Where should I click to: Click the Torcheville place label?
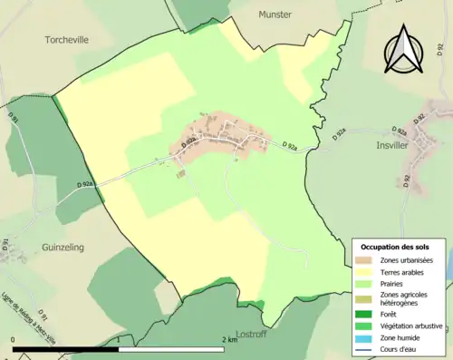pos(70,39)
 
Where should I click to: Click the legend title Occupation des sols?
pos(397,247)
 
